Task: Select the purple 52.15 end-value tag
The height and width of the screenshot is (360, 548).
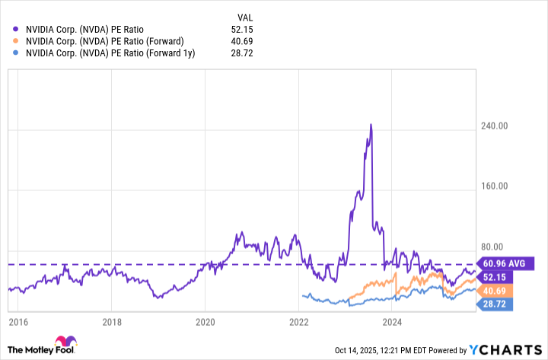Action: click(495, 277)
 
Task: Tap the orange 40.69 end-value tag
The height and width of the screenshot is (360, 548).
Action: click(495, 291)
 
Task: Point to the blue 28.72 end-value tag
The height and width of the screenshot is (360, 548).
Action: click(495, 304)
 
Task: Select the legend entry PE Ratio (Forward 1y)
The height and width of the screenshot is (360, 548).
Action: click(110, 54)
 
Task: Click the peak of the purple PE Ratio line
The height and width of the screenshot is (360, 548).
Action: click(371, 124)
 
